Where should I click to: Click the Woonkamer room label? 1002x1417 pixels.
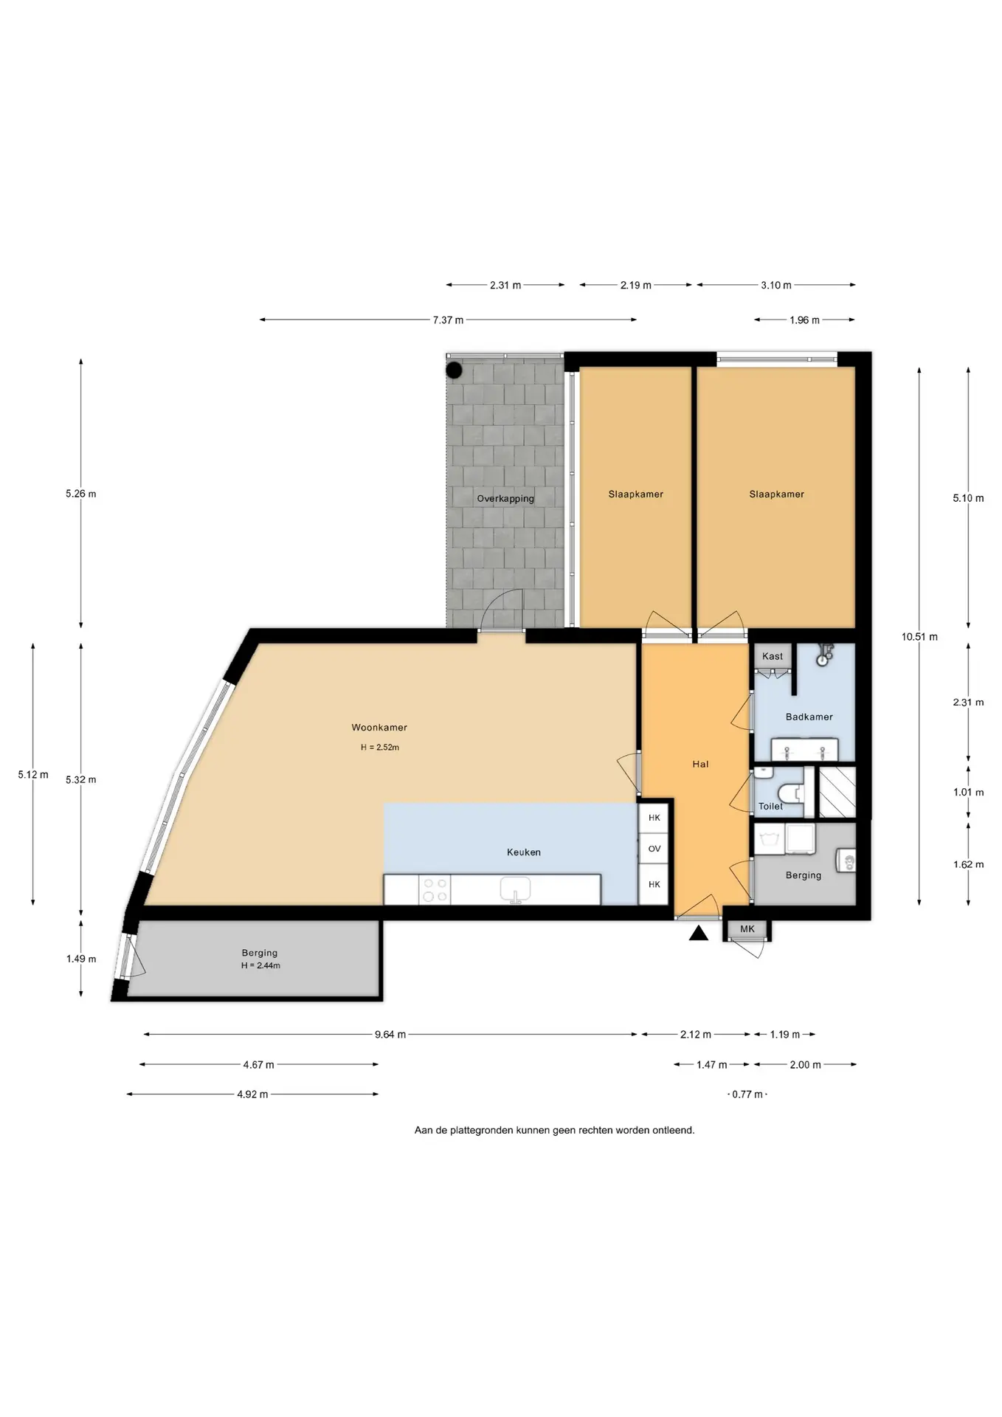click(379, 727)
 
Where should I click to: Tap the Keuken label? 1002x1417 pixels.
click(524, 852)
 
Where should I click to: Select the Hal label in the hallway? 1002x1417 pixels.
click(700, 764)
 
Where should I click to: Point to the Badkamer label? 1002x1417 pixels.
click(809, 717)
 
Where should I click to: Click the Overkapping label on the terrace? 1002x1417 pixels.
click(505, 499)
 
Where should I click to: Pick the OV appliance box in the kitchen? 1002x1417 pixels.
click(654, 849)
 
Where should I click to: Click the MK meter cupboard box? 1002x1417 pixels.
click(747, 929)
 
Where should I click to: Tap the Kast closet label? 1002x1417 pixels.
click(773, 656)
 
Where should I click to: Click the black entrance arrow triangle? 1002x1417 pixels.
click(699, 934)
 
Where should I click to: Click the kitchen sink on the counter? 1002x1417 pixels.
click(516, 889)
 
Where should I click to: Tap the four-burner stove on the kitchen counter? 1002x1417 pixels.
click(434, 889)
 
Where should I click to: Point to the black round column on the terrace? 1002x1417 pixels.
click(455, 370)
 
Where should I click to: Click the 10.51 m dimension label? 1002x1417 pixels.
click(919, 637)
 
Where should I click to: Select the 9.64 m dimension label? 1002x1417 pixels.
click(390, 1035)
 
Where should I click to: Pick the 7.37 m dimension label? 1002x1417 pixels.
click(448, 320)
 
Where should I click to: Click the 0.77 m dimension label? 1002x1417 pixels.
click(747, 1094)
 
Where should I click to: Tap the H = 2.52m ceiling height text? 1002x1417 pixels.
click(380, 748)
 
